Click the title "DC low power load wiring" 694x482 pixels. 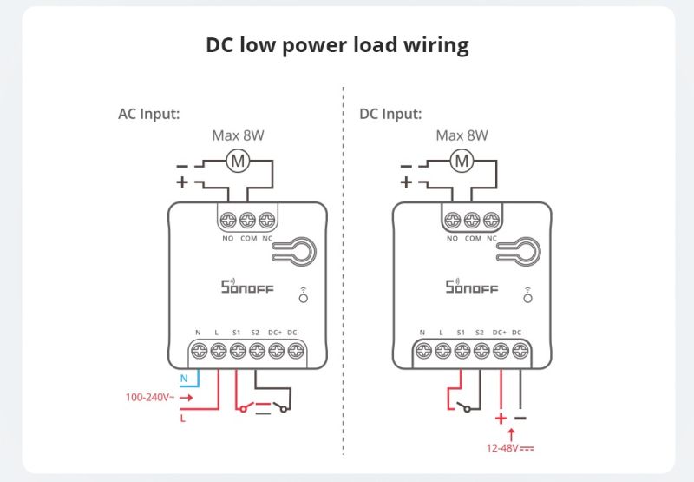pyautogui.click(x=337, y=45)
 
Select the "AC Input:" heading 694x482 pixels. pyautogui.click(x=148, y=114)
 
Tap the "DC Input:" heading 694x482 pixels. pyautogui.click(x=390, y=114)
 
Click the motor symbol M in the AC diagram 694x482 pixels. pyautogui.click(x=237, y=161)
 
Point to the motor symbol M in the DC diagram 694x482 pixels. pyautogui.click(x=462, y=161)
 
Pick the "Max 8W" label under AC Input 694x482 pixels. pyautogui.click(x=239, y=135)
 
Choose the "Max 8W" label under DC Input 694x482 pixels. pyautogui.click(x=462, y=135)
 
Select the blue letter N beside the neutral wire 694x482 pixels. pyautogui.click(x=184, y=379)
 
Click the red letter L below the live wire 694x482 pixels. pyautogui.click(x=184, y=418)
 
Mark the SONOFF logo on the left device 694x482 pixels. pyautogui.click(x=247, y=286)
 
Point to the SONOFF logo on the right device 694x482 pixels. pyautogui.click(x=472, y=286)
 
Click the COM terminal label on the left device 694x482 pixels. pyautogui.click(x=248, y=237)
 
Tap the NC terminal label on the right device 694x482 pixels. pyautogui.click(x=492, y=237)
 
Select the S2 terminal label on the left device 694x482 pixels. pyautogui.click(x=256, y=333)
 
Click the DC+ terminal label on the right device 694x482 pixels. pyautogui.click(x=500, y=333)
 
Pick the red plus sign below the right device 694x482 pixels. pyautogui.click(x=501, y=417)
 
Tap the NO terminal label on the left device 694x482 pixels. pyautogui.click(x=228, y=237)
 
